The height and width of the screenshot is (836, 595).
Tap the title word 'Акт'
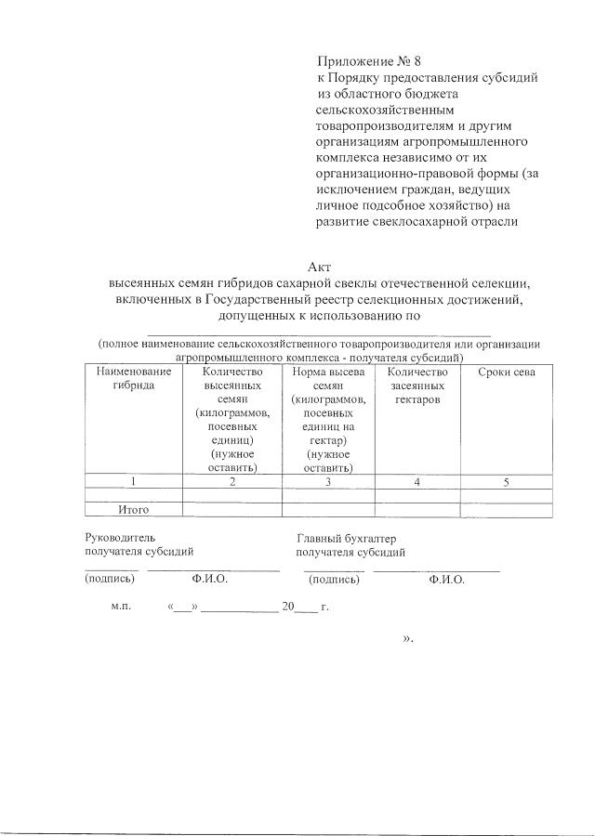click(x=319, y=268)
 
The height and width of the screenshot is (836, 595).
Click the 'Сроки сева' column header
click(x=506, y=372)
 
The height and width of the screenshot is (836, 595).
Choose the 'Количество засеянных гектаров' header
click(x=416, y=385)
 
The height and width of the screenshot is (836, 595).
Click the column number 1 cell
click(x=133, y=481)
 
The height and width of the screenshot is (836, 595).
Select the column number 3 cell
click(x=328, y=481)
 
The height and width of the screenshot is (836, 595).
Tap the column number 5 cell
click(x=506, y=481)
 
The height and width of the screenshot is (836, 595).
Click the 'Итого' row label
click(x=133, y=510)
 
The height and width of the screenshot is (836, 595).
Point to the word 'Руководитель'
click(x=113, y=537)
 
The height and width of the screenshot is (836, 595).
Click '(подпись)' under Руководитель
click(x=110, y=578)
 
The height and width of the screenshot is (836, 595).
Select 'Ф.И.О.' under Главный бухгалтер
click(x=447, y=579)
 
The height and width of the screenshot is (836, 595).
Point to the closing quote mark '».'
click(x=408, y=639)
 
